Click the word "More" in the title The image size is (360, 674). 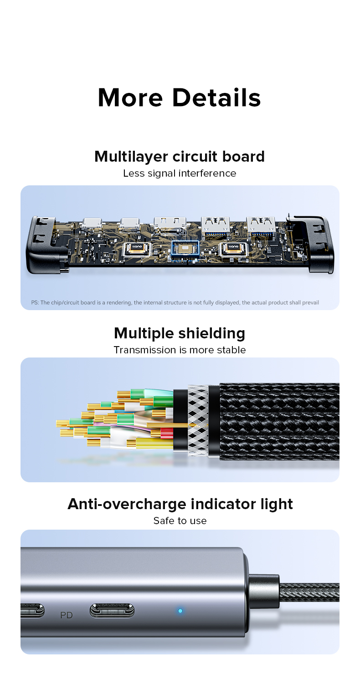tap(130, 97)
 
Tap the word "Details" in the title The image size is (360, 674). tap(216, 97)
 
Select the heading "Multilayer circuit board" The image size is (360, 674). tap(180, 157)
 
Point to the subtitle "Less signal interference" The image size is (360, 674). tap(180, 174)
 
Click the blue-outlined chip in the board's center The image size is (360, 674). tap(185, 249)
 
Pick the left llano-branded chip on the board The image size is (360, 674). tap(137, 249)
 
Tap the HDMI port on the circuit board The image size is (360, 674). tap(170, 224)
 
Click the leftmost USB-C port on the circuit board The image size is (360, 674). tap(92, 224)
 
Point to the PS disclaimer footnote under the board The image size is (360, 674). tap(175, 302)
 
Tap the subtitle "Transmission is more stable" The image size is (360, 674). tap(180, 350)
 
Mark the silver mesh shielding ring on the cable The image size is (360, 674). tap(198, 420)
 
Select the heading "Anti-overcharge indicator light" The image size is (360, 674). tap(180, 504)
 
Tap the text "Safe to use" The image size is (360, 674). tap(180, 521)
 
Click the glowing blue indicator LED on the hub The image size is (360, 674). tap(180, 611)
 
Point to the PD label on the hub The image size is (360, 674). tap(66, 615)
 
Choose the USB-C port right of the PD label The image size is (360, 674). tap(112, 611)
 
